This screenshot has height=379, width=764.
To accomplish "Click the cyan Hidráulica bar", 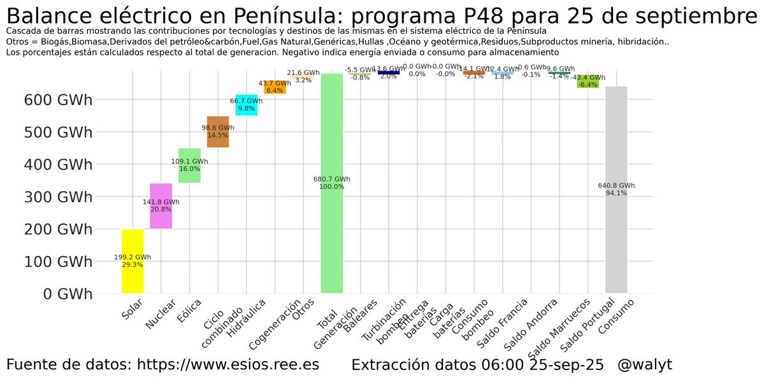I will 246,105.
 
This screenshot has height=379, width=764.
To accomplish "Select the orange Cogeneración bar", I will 275,87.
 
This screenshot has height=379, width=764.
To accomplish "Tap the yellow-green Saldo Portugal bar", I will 587,81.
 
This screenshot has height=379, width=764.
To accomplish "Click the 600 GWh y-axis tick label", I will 58,100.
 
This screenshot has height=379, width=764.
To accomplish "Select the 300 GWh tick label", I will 58,197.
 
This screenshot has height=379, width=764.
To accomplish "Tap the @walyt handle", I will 644,365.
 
